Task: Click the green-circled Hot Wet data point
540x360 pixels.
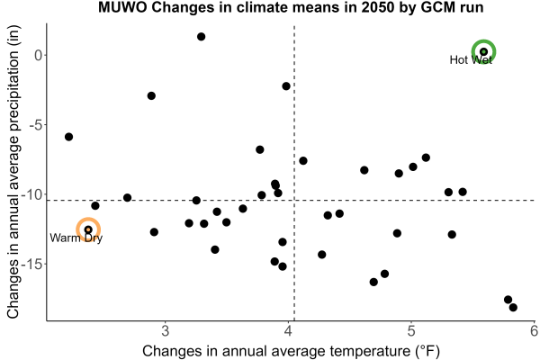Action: pos(483,51)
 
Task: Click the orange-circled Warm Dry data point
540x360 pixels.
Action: pos(88,229)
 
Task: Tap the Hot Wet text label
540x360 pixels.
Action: pos(471,60)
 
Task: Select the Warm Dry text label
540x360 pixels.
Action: pos(76,238)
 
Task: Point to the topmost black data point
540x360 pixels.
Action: pos(201,37)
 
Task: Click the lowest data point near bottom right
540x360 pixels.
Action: pos(513,307)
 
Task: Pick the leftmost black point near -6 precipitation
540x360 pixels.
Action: pos(69,137)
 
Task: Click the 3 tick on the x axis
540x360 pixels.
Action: pos(166,330)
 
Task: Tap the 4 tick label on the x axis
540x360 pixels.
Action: pos(288,330)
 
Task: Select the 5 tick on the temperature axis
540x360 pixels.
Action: pos(411,330)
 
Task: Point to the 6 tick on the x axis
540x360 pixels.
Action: pos(534,330)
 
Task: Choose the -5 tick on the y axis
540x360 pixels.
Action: pos(36,125)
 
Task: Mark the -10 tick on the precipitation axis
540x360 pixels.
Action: pos(31,194)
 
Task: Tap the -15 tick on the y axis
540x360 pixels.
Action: pos(31,265)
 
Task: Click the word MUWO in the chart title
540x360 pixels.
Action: pos(122,7)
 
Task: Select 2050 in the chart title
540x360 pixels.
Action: pos(377,7)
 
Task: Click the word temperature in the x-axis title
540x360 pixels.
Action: pos(368,351)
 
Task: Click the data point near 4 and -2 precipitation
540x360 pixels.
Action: pos(286,86)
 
